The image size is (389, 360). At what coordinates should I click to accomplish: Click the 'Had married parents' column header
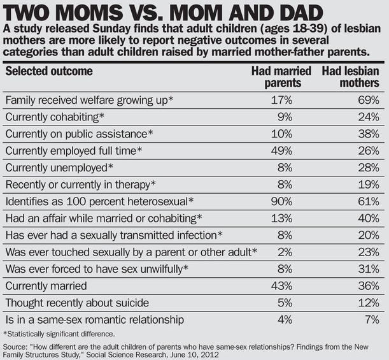281,77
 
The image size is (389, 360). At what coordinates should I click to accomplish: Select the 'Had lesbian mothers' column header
351,77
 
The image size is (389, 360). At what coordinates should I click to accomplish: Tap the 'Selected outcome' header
49,71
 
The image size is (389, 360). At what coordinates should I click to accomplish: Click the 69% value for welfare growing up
369,100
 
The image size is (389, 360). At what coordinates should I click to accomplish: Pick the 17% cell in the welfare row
281,100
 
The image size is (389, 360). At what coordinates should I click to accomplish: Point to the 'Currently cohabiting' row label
55,117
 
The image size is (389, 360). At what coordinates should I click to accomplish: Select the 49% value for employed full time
281,151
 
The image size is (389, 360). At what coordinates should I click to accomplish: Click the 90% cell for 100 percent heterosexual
281,201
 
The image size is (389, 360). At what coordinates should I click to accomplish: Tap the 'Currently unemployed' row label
59,168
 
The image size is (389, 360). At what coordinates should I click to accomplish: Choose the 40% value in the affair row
369,219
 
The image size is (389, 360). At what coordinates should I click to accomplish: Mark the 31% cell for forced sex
369,269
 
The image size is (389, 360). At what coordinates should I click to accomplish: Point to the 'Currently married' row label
46,286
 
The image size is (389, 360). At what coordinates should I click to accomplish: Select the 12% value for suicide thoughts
369,303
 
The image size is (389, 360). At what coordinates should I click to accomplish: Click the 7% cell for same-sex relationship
372,319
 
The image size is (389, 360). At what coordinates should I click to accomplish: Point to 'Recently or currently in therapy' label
81,185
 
